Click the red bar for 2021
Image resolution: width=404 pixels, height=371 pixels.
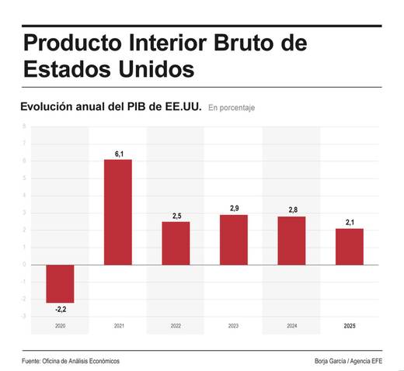click(119, 211)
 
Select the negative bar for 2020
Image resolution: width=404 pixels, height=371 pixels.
click(60, 283)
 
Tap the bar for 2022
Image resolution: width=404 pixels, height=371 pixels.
click(176, 243)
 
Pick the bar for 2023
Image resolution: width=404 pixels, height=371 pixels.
click(233, 239)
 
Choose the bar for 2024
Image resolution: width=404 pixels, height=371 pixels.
click(291, 240)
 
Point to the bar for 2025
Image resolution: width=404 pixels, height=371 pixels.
click(350, 246)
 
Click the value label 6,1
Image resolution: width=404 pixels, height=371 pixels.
click(119, 154)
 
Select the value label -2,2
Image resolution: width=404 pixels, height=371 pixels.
click(60, 310)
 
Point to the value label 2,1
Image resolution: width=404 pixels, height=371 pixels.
click(350, 223)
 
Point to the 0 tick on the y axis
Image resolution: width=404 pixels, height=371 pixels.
click(23, 265)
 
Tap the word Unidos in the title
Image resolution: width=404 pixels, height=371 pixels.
click(153, 68)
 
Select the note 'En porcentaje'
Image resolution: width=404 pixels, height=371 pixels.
click(232, 108)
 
